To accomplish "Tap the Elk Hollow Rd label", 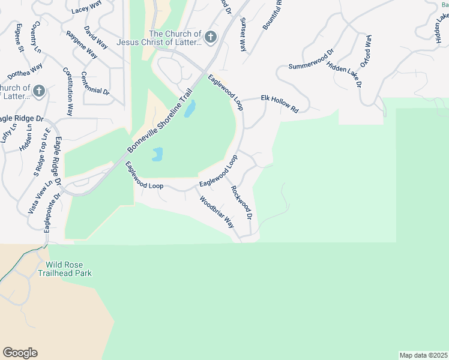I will pyautogui.click(x=280, y=103).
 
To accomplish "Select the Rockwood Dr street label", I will pyautogui.click(x=241, y=202).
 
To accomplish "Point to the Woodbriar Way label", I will pyautogui.click(x=217, y=212).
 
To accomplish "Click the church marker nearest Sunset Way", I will pyautogui.click(x=210, y=38).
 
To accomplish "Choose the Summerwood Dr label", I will pyautogui.click(x=311, y=58).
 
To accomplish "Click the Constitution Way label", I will pyautogui.click(x=68, y=91).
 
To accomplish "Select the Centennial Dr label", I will pyautogui.click(x=95, y=83).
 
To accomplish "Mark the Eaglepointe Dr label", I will pyautogui.click(x=52, y=213).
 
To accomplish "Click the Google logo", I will pyautogui.click(x=20, y=353).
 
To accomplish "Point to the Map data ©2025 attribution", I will pyautogui.click(x=423, y=355).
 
